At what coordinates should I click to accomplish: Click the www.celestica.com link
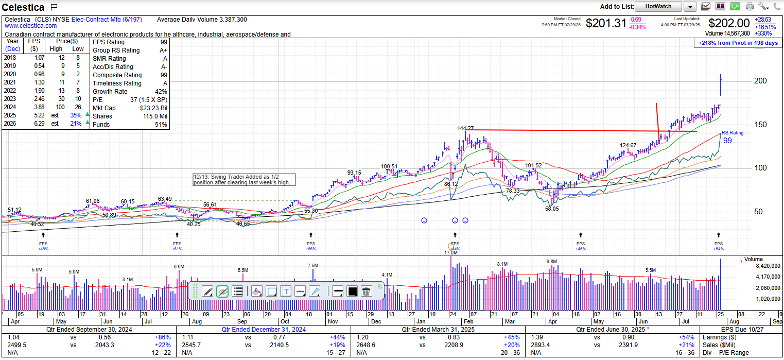coord(31,26)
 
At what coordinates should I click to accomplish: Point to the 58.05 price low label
coord(552,209)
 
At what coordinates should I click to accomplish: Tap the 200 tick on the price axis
coord(760,81)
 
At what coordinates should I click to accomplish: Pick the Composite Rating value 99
coord(164,75)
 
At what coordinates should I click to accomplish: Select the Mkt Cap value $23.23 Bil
coord(153,108)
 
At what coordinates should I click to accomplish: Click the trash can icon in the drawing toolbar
coord(366,292)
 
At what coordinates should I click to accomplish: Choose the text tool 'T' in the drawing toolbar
coord(286,292)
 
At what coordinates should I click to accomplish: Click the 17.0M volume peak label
coord(451,253)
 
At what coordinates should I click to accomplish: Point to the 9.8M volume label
coord(552,262)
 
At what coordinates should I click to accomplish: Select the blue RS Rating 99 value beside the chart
coord(727,141)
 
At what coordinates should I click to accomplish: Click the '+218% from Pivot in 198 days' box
coord(738,43)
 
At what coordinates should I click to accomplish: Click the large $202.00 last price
coord(729,23)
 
